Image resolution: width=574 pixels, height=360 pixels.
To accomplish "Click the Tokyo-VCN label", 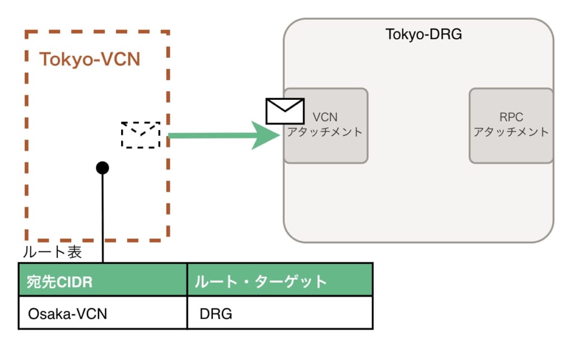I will pyautogui.click(x=90, y=59).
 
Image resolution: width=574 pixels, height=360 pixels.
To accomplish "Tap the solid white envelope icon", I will pyautogui.click(x=285, y=111).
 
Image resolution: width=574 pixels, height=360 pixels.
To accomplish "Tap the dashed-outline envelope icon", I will pyautogui.click(x=141, y=135).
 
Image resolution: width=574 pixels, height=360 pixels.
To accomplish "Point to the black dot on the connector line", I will pyautogui.click(x=102, y=167).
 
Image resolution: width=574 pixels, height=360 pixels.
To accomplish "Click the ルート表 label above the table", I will pyautogui.click(x=52, y=252).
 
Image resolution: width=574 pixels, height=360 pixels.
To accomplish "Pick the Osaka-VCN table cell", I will pyautogui.click(x=67, y=313).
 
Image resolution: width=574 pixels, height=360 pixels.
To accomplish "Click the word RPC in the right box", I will pyautogui.click(x=511, y=118).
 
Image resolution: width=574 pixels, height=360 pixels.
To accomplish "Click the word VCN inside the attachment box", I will pyautogui.click(x=325, y=118).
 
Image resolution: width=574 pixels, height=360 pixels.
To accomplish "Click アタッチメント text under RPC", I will pyautogui.click(x=511, y=133).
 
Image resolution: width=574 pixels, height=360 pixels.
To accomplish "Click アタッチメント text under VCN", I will pyautogui.click(x=325, y=133).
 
